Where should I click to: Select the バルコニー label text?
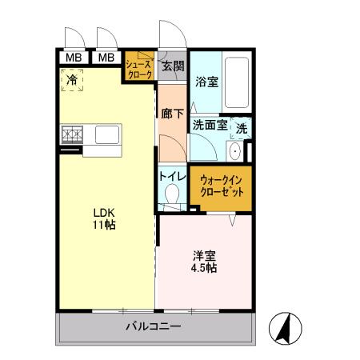[153, 326]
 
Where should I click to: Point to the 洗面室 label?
[210, 125]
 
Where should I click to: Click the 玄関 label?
[173, 66]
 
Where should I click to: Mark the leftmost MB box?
[73, 57]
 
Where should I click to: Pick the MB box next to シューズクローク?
[106, 57]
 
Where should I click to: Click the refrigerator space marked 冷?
[73, 80]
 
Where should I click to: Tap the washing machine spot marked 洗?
[241, 126]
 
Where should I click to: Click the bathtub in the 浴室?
[237, 84]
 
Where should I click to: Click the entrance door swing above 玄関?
[171, 36]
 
